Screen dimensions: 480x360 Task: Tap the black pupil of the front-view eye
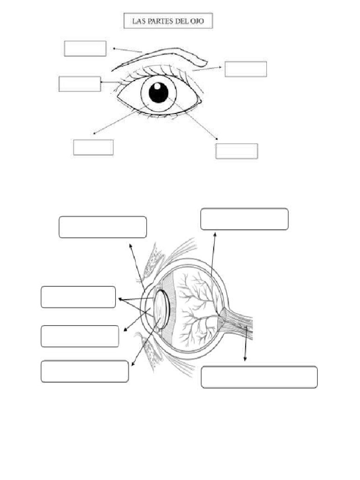pyautogui.click(x=158, y=92)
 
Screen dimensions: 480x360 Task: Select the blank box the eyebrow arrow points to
pyautogui.click(x=85, y=48)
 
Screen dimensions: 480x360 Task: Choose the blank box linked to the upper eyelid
pyautogui.click(x=246, y=68)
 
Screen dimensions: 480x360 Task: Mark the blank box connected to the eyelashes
pyautogui.click(x=80, y=84)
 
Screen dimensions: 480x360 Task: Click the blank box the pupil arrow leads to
pyautogui.click(x=236, y=151)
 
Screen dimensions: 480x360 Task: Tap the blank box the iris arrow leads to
pyautogui.click(x=93, y=147)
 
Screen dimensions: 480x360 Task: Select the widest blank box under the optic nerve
pyautogui.click(x=259, y=377)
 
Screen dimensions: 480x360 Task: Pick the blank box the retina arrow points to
pyautogui.click(x=244, y=219)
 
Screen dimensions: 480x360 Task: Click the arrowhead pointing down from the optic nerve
pyautogui.click(x=245, y=359)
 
